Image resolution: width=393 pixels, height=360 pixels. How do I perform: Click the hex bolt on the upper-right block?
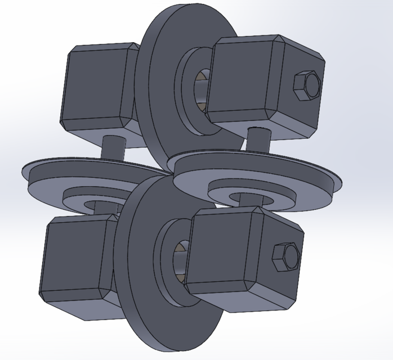click(307, 86)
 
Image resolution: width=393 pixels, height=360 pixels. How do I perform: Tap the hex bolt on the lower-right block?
click(285, 258)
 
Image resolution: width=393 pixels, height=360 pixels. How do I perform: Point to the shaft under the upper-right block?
click(258, 141)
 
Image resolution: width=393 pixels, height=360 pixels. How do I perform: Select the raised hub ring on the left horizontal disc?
click(84, 197)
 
